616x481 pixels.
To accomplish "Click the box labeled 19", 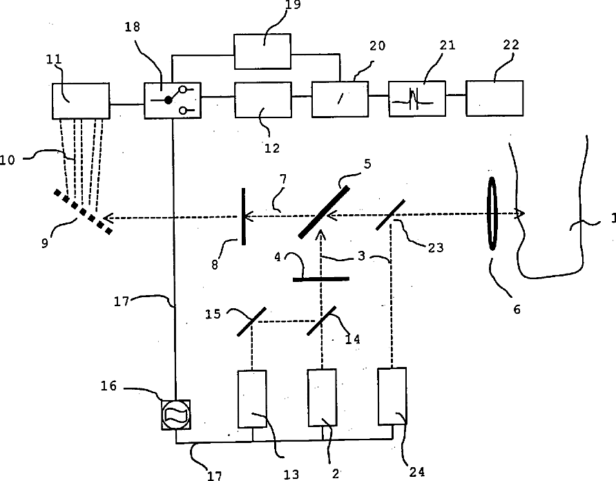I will point(262,51).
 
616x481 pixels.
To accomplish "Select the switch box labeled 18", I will point(173,100).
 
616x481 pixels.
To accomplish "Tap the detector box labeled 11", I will point(81,101).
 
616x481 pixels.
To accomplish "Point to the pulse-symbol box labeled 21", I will point(416,98).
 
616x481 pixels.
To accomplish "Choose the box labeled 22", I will point(494,98).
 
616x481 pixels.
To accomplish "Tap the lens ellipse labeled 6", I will point(492,213).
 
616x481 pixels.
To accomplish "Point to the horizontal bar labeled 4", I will point(321,279).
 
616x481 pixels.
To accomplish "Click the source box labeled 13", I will point(251,399).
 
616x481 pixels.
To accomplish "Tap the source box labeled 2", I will point(322,399).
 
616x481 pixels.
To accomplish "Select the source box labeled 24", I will point(392,396).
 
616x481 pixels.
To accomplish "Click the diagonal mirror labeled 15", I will point(252,321).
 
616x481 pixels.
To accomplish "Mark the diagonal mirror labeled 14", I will point(321,321).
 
